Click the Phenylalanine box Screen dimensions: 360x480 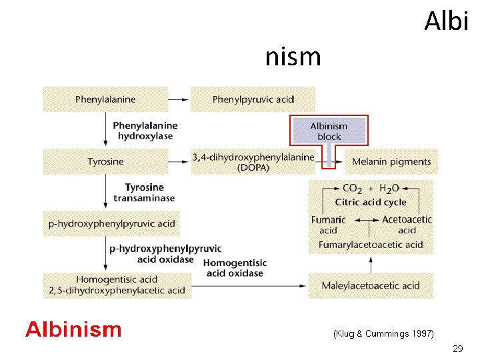click(105, 99)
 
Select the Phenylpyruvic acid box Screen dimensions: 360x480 click(253, 99)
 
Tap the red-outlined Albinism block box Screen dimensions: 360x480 click(329, 131)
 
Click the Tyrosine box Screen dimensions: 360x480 click(105, 161)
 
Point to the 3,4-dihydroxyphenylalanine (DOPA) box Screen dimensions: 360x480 click(253, 162)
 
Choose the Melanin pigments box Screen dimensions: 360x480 click(391, 161)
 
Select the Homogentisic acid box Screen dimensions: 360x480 click(117, 285)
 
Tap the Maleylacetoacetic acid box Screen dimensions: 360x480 click(371, 285)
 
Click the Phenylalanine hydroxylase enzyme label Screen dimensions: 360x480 click(145, 131)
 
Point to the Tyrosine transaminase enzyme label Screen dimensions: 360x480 click(144, 192)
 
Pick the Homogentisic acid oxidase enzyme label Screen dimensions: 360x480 click(236, 268)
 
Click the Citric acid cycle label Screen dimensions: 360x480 click(371, 202)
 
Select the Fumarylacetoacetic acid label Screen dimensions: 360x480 click(371, 245)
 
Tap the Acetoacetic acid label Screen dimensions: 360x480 click(407, 225)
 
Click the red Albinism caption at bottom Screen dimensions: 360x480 click(73, 329)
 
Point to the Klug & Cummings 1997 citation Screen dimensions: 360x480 click(383, 333)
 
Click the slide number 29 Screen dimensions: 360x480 click(457, 349)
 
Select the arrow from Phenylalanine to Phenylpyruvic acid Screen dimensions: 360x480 click(177, 99)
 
